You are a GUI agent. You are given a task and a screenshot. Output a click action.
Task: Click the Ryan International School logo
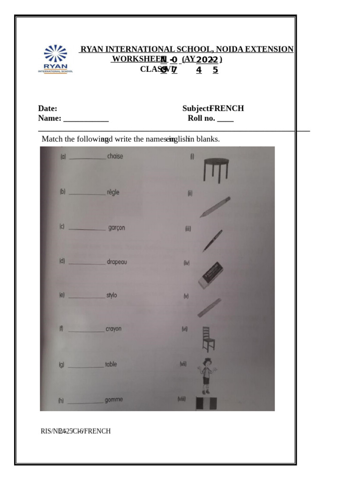(55, 59)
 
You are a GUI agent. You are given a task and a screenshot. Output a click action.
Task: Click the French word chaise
(115, 156)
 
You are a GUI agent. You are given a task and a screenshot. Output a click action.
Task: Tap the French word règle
(113, 192)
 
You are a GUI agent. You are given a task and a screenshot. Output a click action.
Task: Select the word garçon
(116, 228)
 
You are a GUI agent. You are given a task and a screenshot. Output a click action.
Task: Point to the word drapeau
(117, 262)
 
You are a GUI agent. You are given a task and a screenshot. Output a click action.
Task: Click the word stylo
(112, 295)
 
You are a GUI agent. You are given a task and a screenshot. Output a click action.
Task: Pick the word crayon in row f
(113, 329)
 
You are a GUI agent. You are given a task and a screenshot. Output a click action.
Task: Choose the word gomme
(114, 399)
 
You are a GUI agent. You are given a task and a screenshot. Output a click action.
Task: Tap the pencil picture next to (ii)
(215, 207)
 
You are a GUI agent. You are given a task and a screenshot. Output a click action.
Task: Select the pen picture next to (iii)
(212, 240)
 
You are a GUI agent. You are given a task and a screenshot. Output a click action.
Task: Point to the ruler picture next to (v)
(209, 307)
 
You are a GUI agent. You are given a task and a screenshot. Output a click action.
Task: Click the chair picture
(209, 339)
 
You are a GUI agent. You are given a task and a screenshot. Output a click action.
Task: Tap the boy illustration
(206, 375)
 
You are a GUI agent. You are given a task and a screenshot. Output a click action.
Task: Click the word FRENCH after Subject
(226, 108)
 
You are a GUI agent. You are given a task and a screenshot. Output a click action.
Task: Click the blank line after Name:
(86, 119)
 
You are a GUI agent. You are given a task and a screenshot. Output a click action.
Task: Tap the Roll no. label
(202, 118)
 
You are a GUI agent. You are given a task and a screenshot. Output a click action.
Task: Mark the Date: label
(48, 108)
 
